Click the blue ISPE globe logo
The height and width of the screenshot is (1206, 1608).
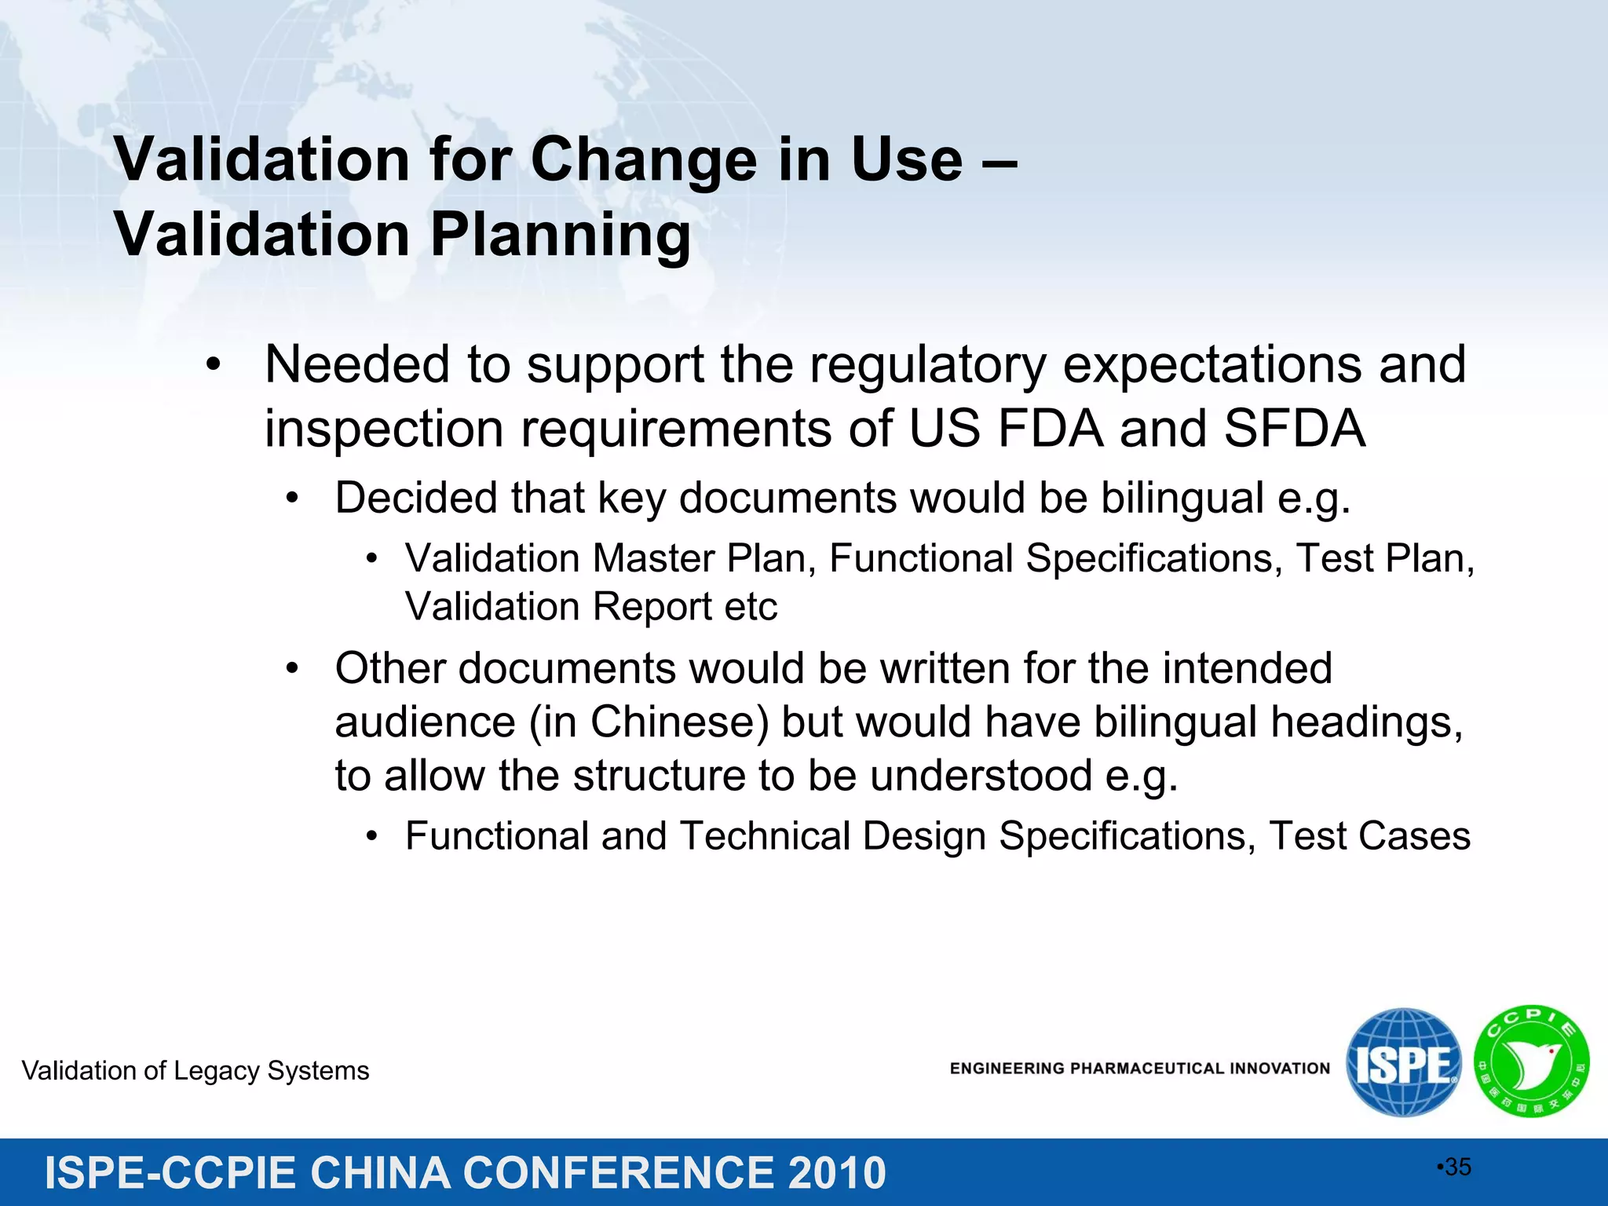pyautogui.click(x=1403, y=1062)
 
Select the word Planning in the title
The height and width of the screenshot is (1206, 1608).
pyautogui.click(x=561, y=236)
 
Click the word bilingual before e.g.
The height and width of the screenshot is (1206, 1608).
pyautogui.click(x=1182, y=499)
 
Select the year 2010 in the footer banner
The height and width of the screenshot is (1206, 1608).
pyautogui.click(x=836, y=1173)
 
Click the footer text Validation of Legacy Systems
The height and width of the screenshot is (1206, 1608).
pyautogui.click(x=196, y=1071)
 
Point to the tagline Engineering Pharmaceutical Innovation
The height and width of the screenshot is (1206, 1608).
pyautogui.click(x=1139, y=1069)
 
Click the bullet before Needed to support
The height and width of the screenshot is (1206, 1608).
pyautogui.click(x=214, y=366)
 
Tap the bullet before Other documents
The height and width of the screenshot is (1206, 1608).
pyautogui.click(x=292, y=669)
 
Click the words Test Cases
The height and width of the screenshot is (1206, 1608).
pyautogui.click(x=1369, y=836)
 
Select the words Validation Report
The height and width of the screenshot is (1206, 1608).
pyautogui.click(x=557, y=607)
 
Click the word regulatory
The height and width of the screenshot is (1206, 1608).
pyautogui.click(x=927, y=365)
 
